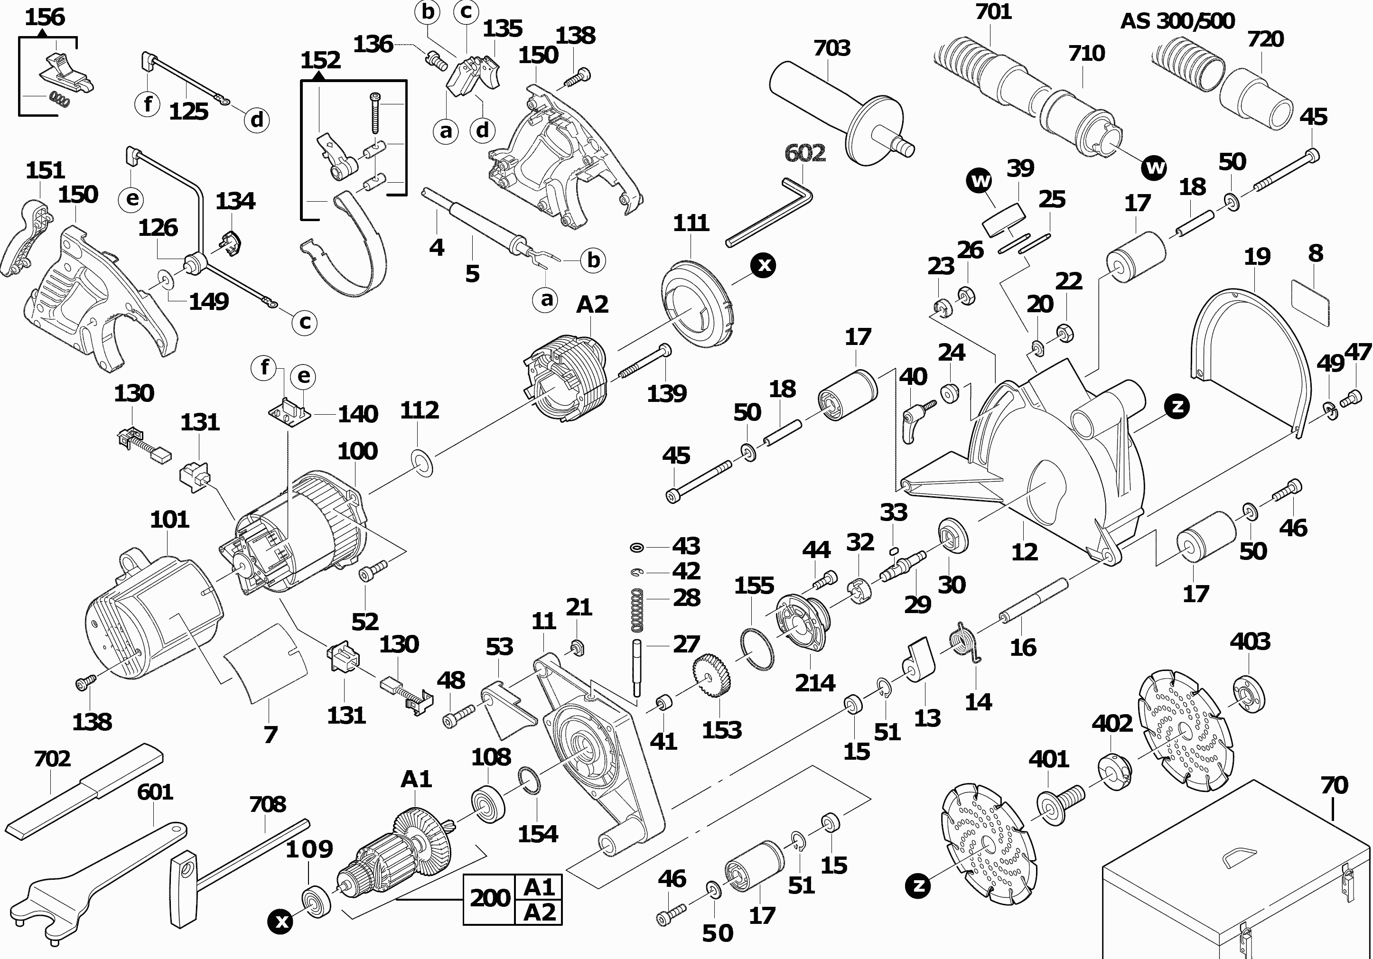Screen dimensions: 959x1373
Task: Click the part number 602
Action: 805,153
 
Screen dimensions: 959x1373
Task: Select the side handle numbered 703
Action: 837,113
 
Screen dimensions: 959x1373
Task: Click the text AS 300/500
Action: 1177,21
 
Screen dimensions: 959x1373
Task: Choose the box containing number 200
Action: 490,899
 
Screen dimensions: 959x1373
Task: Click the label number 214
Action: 815,683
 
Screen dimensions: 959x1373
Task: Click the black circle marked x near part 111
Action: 764,264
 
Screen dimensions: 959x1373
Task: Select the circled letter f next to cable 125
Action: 148,104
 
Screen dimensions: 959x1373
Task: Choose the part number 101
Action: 169,520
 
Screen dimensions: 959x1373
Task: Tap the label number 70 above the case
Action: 1334,785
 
